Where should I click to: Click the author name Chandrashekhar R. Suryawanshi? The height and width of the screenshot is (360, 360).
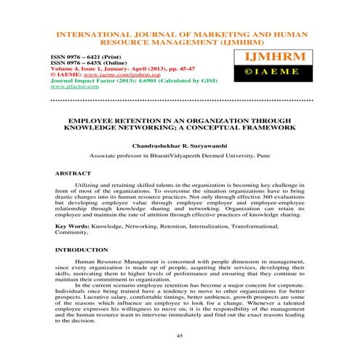180,145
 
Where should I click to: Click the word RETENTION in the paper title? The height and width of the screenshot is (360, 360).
140,116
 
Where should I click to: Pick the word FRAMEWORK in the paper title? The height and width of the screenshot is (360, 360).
266,126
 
